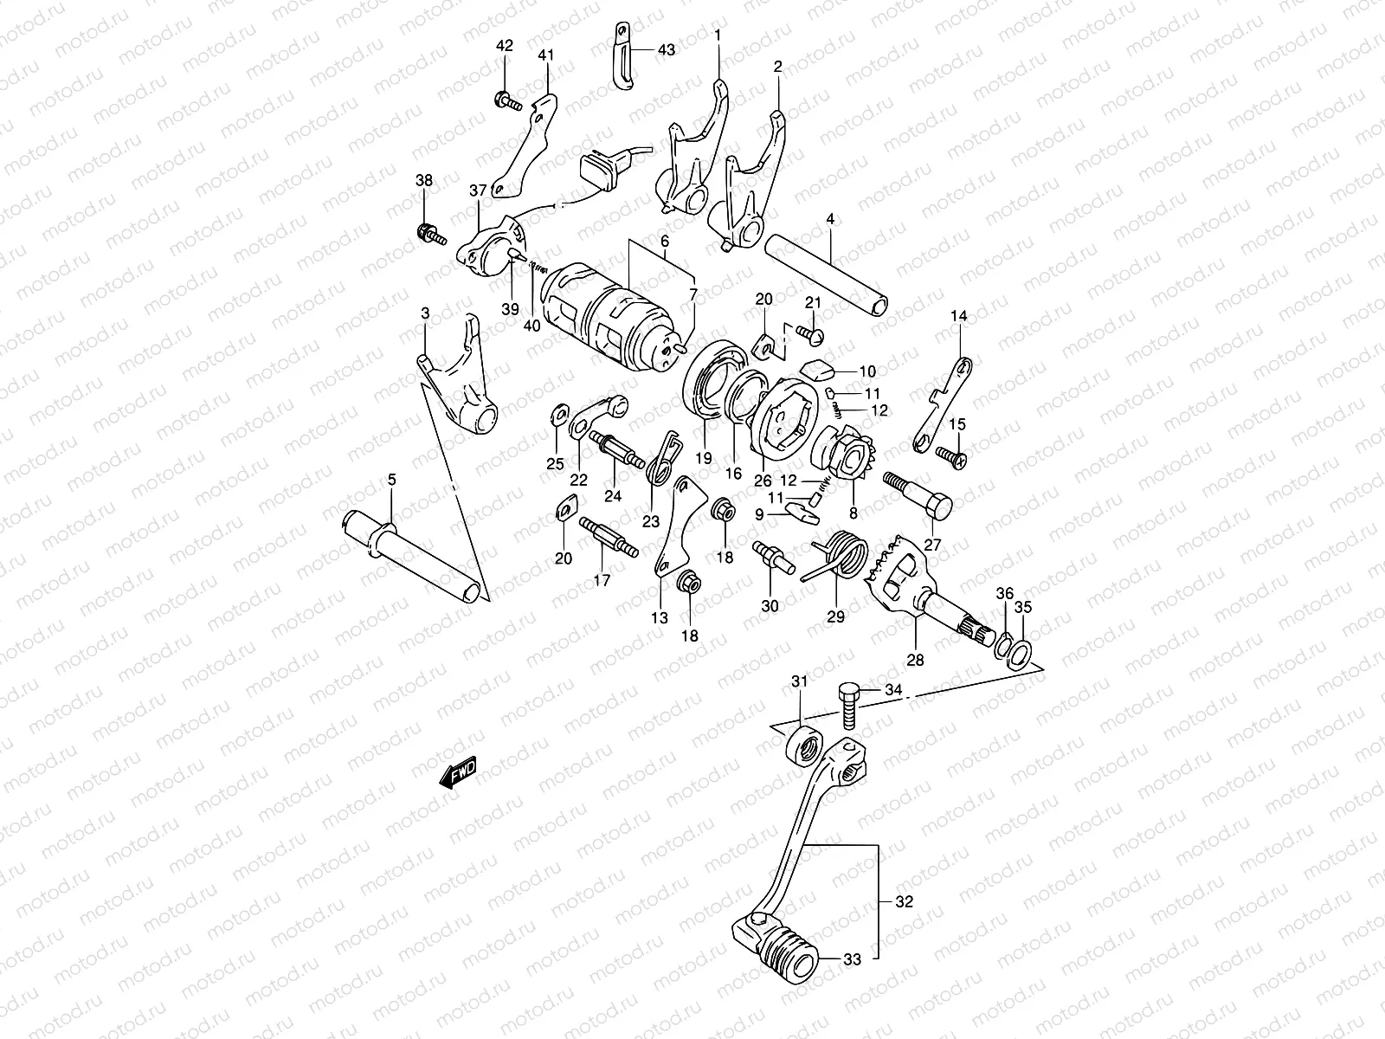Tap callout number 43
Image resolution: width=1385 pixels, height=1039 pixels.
tap(666, 50)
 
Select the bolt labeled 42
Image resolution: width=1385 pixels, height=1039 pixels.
tap(507, 100)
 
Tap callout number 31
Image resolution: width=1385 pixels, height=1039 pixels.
tap(799, 682)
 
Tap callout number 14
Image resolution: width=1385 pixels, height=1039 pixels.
tap(958, 317)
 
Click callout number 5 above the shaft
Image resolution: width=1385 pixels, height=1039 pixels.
tap(391, 480)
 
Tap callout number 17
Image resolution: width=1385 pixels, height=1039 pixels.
tap(602, 580)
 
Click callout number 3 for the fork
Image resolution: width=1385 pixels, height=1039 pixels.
tap(425, 313)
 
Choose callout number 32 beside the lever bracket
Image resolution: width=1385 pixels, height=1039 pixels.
tap(904, 902)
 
